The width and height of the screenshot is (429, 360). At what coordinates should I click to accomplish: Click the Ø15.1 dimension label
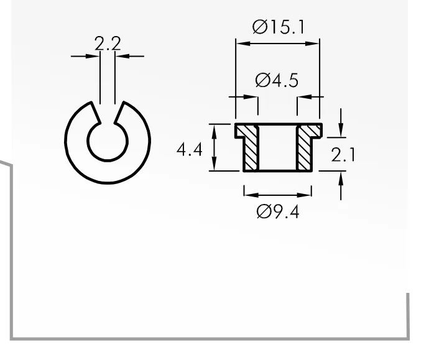[x=279, y=27]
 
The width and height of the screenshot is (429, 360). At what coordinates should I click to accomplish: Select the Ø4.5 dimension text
[x=277, y=80]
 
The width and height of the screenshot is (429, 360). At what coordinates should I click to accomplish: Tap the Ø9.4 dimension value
[x=278, y=212]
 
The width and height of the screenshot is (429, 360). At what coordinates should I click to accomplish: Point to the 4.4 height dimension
[x=190, y=150]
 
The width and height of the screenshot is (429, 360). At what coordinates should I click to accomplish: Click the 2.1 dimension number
[x=343, y=155]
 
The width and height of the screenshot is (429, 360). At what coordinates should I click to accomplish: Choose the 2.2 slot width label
[x=108, y=44]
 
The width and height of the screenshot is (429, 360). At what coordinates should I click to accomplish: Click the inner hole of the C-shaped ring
[x=108, y=141]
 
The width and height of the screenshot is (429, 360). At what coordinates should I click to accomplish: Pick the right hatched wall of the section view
[x=307, y=146]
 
